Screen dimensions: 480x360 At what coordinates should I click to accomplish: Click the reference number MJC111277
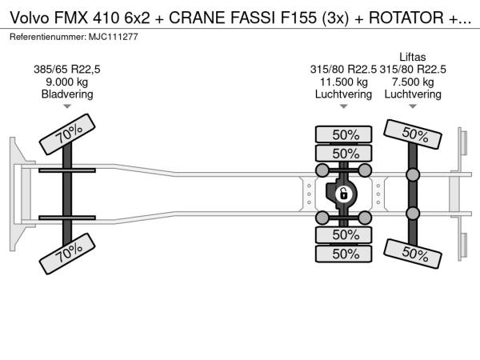[x=114, y=37]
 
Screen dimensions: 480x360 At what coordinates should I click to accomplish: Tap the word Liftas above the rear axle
[x=412, y=57]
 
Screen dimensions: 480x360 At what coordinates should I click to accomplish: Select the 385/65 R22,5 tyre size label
[x=67, y=70]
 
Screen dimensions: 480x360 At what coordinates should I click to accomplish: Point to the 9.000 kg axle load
[x=67, y=82]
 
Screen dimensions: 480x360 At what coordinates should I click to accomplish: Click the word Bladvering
[x=67, y=94]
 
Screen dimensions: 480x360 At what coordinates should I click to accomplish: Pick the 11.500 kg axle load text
[x=343, y=82]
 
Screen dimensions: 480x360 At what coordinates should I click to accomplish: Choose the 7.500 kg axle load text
[x=413, y=82]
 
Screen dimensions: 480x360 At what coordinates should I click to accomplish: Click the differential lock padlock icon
[x=343, y=194]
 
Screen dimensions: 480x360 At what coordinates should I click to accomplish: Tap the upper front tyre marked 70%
[x=67, y=134]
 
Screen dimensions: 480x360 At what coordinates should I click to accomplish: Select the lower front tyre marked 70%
[x=67, y=254]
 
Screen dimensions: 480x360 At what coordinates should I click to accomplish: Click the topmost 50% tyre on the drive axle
[x=343, y=134]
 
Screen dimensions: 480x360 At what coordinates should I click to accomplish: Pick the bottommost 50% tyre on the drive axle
[x=343, y=254]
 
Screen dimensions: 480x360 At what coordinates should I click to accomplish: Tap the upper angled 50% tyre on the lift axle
[x=413, y=134]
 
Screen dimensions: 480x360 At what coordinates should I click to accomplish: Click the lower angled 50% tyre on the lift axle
[x=413, y=254]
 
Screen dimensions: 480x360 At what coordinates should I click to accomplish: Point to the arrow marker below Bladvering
[x=67, y=106]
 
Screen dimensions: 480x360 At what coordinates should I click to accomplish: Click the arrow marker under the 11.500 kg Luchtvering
[x=343, y=106]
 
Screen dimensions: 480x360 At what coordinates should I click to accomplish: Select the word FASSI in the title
[x=253, y=18]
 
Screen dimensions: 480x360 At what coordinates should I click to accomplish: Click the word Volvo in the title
[x=30, y=18]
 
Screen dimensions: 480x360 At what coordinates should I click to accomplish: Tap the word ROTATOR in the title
[x=406, y=18]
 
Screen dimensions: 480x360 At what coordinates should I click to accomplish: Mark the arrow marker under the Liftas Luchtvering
[x=413, y=106]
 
